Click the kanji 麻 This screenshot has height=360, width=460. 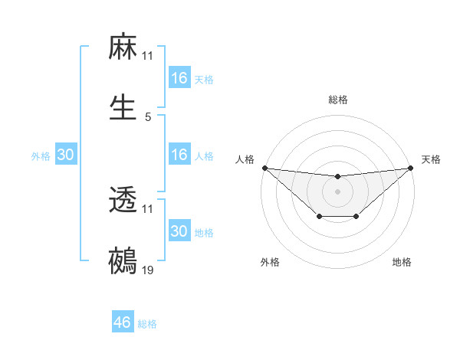123,48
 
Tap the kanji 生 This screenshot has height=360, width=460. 123,109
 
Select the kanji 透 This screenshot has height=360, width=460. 123,201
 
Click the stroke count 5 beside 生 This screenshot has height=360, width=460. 148,117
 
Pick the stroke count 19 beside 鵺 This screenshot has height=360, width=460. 148,270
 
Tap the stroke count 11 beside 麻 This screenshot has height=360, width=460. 148,56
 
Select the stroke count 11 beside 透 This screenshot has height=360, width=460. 148,209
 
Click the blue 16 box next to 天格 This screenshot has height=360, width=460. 179,78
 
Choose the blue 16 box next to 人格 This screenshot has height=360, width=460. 179,155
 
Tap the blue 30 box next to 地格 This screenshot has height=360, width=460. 179,231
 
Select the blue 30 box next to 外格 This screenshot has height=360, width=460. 66,155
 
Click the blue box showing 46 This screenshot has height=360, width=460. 123,322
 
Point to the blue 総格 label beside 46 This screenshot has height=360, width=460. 147,324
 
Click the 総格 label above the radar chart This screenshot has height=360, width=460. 338,100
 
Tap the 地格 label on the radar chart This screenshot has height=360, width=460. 402,262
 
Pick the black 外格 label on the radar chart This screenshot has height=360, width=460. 270,262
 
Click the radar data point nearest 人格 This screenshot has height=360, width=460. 264,168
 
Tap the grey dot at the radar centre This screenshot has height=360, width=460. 338,191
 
